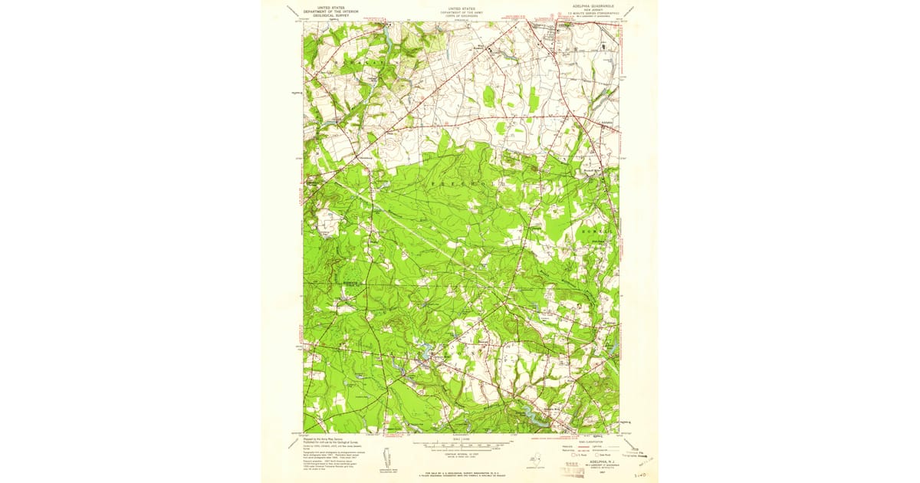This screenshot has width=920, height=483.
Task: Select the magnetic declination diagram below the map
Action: coord(387,454)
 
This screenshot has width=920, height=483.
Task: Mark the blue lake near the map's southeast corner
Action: coord(528,413)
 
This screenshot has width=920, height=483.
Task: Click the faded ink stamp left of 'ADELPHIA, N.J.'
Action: coord(563,468)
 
